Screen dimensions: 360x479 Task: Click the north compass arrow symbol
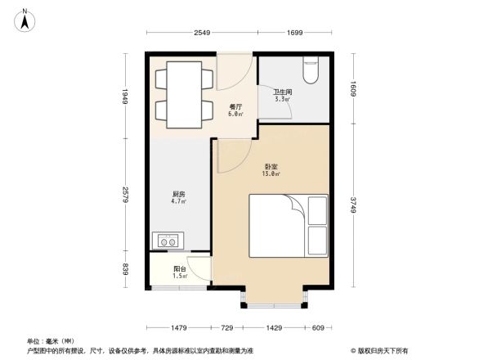(25, 19)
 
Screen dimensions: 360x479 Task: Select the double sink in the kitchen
(169, 241)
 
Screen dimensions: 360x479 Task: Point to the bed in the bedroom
(287, 224)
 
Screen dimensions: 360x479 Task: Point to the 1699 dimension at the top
(295, 34)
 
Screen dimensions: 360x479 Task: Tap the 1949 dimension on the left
(125, 97)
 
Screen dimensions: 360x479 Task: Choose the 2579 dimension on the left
(125, 196)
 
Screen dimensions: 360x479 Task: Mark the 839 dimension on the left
(125, 270)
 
